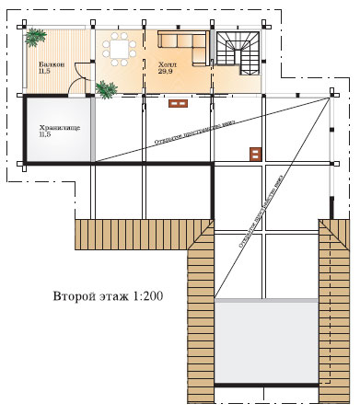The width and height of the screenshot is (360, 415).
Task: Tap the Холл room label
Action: [x=168, y=63]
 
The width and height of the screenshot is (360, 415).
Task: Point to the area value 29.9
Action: [x=168, y=70]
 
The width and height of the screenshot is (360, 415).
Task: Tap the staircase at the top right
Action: [x=238, y=52]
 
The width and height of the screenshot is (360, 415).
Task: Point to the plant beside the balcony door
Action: [x=107, y=88]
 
